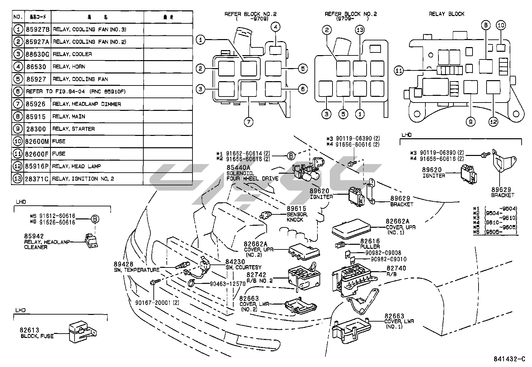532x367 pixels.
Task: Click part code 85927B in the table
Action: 37,29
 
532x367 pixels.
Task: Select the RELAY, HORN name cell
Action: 69,67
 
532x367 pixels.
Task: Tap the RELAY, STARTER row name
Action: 74,129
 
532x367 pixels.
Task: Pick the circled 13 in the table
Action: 18,179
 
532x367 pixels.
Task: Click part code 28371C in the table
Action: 37,179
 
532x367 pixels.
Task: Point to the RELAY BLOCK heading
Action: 446,14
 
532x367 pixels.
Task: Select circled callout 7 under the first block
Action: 248,122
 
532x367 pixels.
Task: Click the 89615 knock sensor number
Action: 296,209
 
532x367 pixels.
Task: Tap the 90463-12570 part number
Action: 228,284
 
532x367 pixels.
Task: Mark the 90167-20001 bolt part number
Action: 157,303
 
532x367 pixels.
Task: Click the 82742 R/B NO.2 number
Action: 256,275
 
